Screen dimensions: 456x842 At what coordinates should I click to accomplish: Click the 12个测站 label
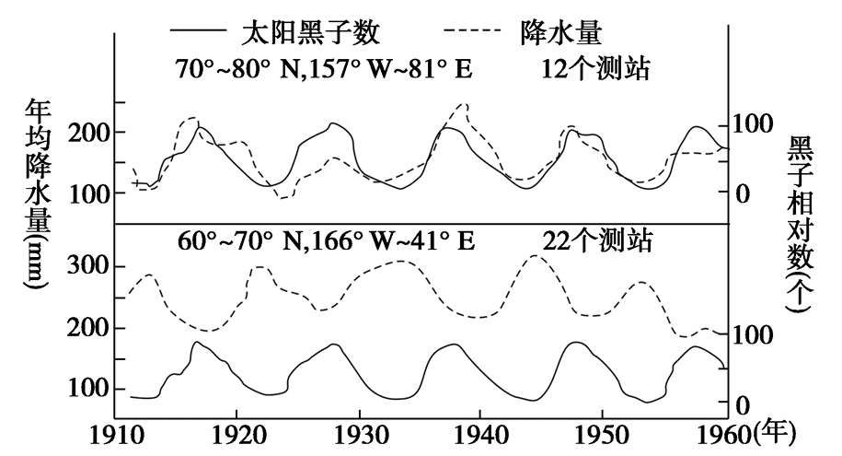(597, 70)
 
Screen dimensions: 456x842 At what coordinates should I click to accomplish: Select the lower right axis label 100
(748, 335)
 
